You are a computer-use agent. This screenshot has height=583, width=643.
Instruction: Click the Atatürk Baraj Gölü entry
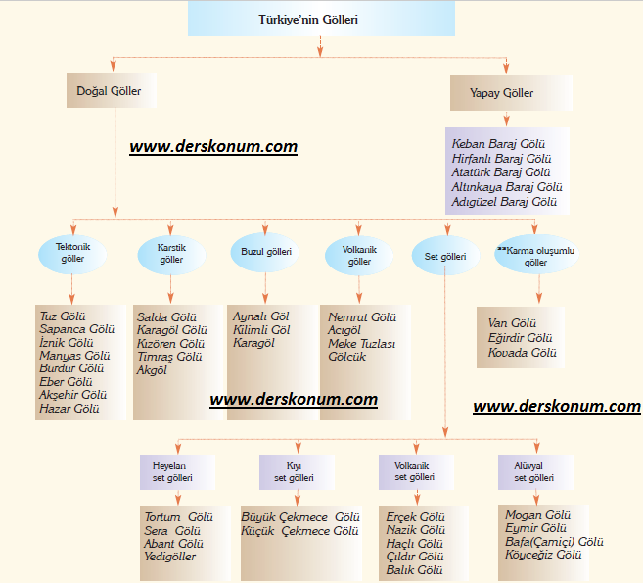(x=501, y=172)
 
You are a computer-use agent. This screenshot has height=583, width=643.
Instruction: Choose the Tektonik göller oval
(x=72, y=253)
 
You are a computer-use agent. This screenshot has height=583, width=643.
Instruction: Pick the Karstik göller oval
(x=170, y=253)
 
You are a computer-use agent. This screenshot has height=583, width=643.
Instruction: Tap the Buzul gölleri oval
(x=266, y=252)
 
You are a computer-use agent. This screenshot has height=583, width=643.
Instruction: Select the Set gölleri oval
(x=445, y=256)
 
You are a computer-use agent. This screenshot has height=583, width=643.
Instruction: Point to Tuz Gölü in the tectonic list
(x=63, y=317)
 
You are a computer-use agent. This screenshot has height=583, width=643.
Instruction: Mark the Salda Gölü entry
(x=166, y=317)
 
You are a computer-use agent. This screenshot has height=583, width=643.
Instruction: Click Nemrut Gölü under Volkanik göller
(x=363, y=317)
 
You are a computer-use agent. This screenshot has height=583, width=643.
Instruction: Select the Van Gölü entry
(x=512, y=323)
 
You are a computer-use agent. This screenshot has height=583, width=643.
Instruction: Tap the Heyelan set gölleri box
(x=172, y=471)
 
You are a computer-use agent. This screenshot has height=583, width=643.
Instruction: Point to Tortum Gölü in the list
(x=178, y=516)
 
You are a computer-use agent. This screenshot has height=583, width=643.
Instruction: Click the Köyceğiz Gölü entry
(x=543, y=554)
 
